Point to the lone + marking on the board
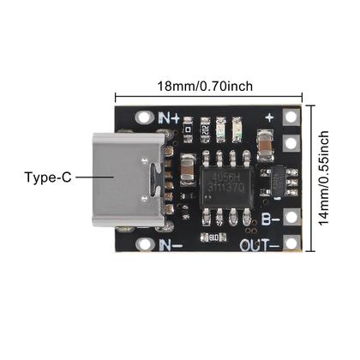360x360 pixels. (269, 117)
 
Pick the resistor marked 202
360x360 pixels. (207, 129)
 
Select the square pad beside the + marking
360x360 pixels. (292, 118)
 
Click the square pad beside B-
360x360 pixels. (292, 217)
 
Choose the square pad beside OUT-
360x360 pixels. (292, 245)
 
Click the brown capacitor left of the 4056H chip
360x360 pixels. (184, 168)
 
